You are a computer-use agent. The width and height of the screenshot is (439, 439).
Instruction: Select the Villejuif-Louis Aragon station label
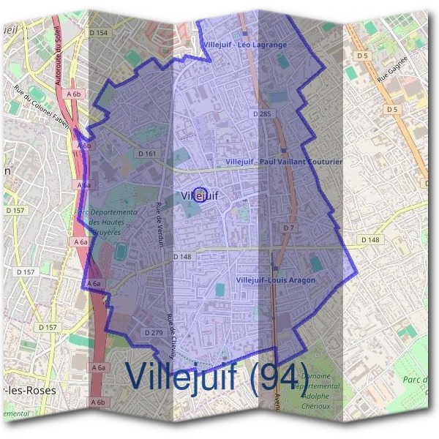click(276, 280)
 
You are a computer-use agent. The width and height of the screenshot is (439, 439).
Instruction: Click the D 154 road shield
click(97, 33)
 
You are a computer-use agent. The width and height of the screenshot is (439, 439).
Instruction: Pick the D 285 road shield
click(261, 114)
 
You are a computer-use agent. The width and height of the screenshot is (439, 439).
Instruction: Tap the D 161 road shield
click(146, 154)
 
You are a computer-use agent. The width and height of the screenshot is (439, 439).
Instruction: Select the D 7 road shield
click(288, 229)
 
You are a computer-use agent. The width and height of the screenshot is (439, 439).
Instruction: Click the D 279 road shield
click(154, 333)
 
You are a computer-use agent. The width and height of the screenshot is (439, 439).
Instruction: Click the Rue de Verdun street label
click(160, 225)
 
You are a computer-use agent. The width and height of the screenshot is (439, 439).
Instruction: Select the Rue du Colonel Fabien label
click(42, 107)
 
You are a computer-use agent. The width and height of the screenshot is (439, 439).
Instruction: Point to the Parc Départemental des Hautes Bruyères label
click(105, 219)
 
